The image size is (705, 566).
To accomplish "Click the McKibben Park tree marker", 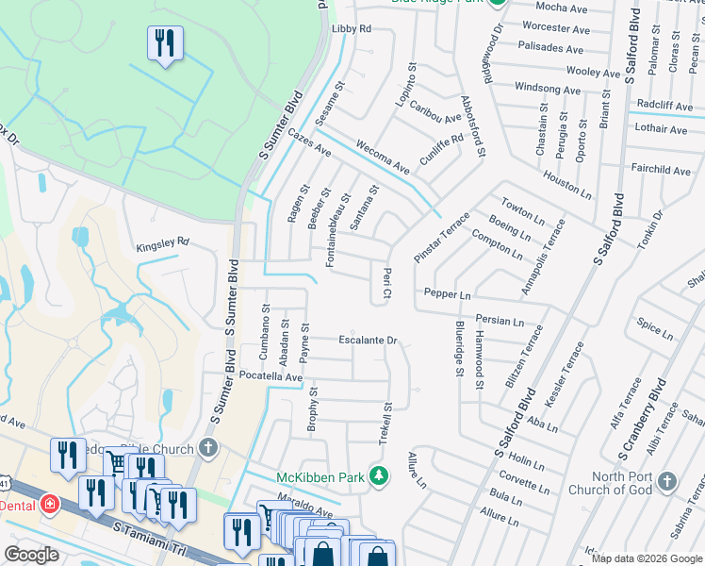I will coord(379,475).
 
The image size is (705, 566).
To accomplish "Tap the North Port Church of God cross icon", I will coord(667,482).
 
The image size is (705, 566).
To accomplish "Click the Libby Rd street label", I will coord(352,29).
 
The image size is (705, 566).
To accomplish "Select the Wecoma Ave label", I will coord(383,158).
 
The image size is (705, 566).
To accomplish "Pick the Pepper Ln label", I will coord(447,294).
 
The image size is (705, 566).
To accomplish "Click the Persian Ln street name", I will coord(499,320).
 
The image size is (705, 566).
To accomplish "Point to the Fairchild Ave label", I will coord(661,171).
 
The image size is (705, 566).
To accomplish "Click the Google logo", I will coord(32,554).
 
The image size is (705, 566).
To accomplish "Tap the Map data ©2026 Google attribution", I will coord(647,558).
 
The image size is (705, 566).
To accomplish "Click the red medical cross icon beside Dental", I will coord(49,505).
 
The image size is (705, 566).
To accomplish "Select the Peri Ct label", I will coord(385,285).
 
